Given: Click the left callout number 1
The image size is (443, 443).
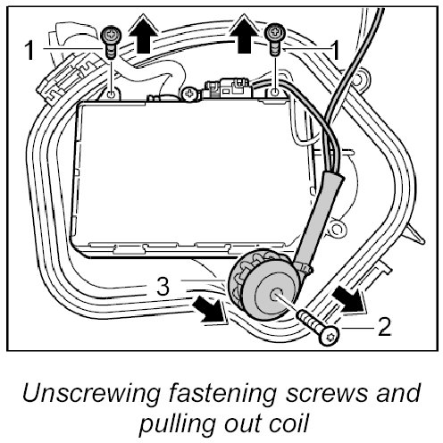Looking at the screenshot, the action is pos(29,50).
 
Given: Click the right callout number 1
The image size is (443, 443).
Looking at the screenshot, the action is pos(335,50).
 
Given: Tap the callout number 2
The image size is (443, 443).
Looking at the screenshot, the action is pos(384,327).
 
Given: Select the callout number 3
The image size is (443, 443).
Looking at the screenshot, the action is pos(163,287).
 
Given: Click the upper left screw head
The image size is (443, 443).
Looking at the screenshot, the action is pos(111,35).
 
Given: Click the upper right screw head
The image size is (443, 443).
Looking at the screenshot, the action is pos(275,32).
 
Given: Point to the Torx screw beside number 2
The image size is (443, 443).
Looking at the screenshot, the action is pos(318,328).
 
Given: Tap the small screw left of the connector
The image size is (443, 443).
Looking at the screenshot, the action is pos(190,94).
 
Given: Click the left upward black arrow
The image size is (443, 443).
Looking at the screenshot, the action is pos(143,34).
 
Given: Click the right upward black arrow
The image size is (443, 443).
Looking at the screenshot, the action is pos(244,34).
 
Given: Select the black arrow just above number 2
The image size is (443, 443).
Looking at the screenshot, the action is pos(349,299).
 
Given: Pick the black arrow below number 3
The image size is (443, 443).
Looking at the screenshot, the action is pos(210,310).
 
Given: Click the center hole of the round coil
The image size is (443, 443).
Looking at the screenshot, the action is pos(275,296).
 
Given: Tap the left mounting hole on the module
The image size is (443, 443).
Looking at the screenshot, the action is pos(111,95).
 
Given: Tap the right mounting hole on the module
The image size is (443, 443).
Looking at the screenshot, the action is pos(275,92).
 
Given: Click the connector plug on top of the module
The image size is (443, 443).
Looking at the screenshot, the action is pos(229,88).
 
